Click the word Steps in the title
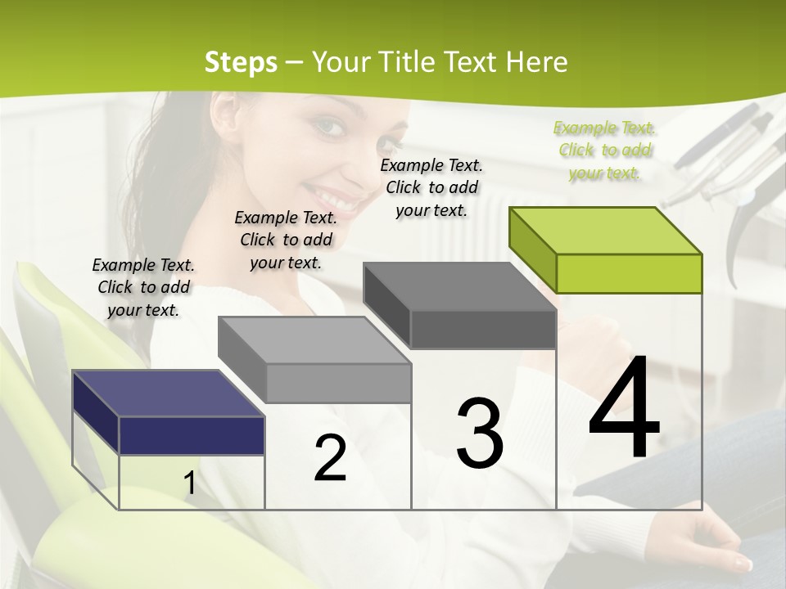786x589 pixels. point(240,62)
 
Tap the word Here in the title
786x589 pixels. point(537,62)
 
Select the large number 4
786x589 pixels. point(624,409)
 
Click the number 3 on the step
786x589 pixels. point(480,434)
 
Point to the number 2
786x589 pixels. point(330,458)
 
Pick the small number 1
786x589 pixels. point(189,483)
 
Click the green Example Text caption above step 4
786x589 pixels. point(604,151)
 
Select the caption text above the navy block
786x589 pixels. point(143,287)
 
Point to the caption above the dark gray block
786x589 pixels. point(431,187)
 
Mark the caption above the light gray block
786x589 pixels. point(286,240)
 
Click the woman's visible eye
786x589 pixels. point(327,127)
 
